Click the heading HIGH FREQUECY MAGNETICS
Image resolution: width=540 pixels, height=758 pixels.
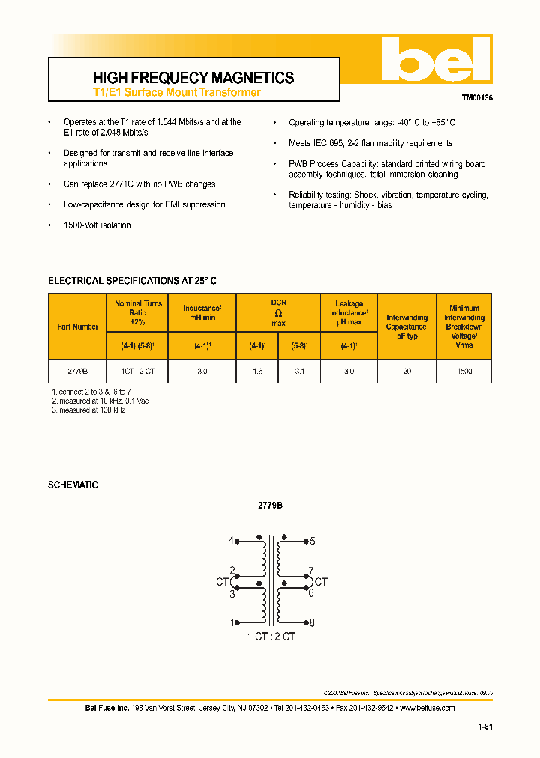[193, 78]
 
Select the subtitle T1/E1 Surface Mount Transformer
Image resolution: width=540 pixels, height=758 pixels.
[176, 92]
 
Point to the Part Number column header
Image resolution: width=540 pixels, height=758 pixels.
[77, 327]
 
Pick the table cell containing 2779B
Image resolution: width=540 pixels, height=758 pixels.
[77, 371]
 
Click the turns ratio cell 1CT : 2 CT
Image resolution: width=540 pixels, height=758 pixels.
[137, 371]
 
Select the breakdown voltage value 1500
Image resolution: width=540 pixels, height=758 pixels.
[463, 371]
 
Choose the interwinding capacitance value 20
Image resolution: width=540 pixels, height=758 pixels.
[406, 371]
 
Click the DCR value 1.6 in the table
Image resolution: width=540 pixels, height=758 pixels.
[256, 371]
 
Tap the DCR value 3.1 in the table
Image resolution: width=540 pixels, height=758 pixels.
[299, 371]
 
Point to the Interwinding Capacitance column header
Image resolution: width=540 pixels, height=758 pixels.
[406, 327]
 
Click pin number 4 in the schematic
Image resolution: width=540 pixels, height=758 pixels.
[232, 540]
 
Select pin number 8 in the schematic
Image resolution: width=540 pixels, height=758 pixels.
[312, 622]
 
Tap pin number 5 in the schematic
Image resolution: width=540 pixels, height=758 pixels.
[312, 540]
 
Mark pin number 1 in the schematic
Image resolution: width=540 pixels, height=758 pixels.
[232, 622]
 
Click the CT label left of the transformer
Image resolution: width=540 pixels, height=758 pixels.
[221, 581]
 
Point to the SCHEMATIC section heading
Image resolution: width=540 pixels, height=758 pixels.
[73, 485]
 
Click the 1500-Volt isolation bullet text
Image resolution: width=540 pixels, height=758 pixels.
[97, 225]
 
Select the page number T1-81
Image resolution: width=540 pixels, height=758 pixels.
[482, 727]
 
